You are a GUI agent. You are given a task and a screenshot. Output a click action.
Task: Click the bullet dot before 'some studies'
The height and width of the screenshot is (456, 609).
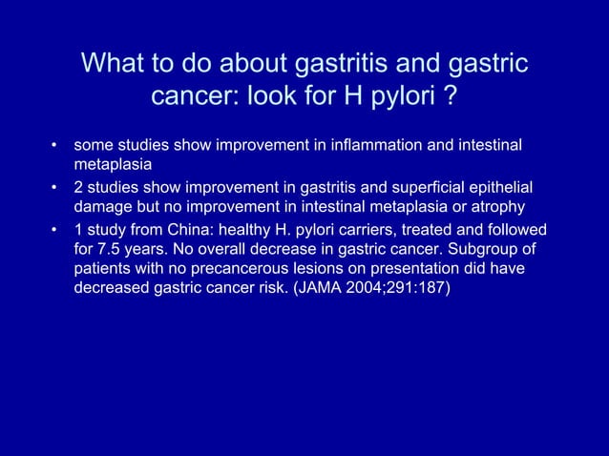click(x=55, y=147)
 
